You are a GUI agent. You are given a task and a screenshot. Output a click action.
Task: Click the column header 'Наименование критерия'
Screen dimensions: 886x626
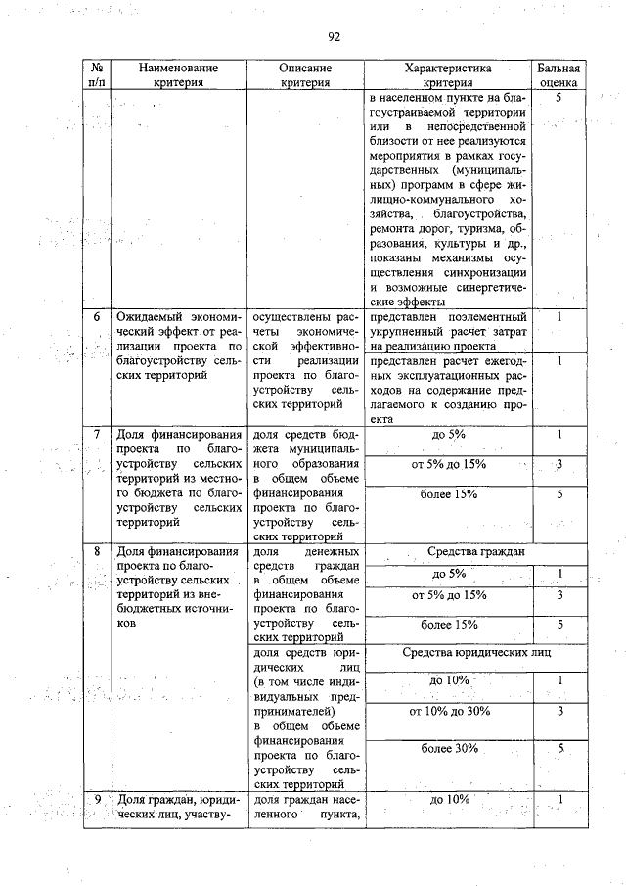click(177, 75)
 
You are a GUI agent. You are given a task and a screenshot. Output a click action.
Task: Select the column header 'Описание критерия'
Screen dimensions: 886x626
click(304, 75)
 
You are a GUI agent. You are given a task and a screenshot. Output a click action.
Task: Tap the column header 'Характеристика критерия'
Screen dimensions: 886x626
click(448, 75)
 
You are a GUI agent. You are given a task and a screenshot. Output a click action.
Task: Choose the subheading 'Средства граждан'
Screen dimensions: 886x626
click(449, 552)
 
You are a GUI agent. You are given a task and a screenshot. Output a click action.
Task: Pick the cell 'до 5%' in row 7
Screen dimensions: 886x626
click(449, 434)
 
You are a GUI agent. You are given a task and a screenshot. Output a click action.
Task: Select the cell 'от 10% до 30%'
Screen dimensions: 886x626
click(449, 712)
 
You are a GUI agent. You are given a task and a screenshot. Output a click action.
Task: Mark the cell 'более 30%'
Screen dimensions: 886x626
click(449, 749)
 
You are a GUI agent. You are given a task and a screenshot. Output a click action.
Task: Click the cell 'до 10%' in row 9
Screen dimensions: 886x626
click(449, 800)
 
